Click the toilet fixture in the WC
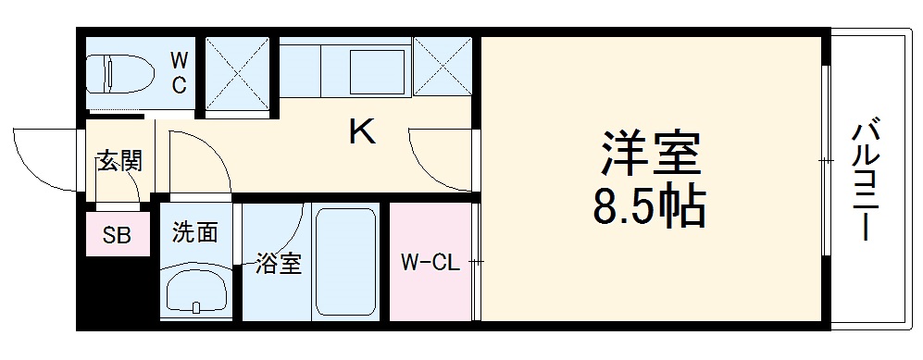click(118, 73)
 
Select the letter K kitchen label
click(361, 133)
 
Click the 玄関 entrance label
click(119, 163)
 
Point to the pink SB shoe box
click(117, 235)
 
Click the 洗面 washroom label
click(195, 232)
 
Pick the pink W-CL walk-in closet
click(430, 263)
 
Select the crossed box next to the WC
click(236, 71)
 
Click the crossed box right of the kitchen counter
click(442, 66)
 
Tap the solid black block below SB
click(111, 292)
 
